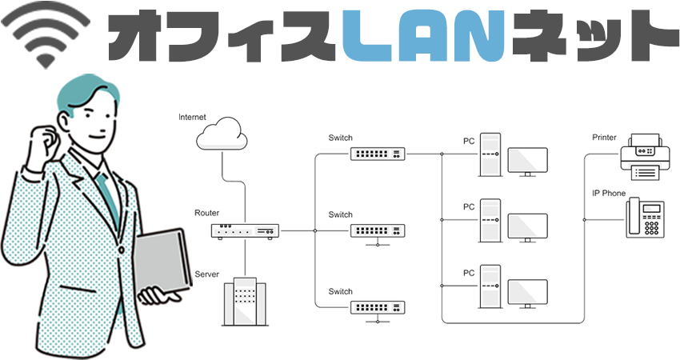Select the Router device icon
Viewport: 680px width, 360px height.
point(245,231)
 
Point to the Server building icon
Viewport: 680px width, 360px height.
point(244,301)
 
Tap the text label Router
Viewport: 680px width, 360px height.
point(206,214)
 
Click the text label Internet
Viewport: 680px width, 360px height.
point(193,118)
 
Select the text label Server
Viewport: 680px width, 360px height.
point(206,274)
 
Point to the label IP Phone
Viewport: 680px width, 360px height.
point(608,194)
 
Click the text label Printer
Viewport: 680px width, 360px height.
point(604,138)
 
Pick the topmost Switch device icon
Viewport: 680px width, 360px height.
point(378,154)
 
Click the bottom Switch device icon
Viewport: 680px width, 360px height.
point(378,306)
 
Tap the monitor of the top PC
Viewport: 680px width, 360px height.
point(527,162)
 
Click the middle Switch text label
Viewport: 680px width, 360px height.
point(340,214)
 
